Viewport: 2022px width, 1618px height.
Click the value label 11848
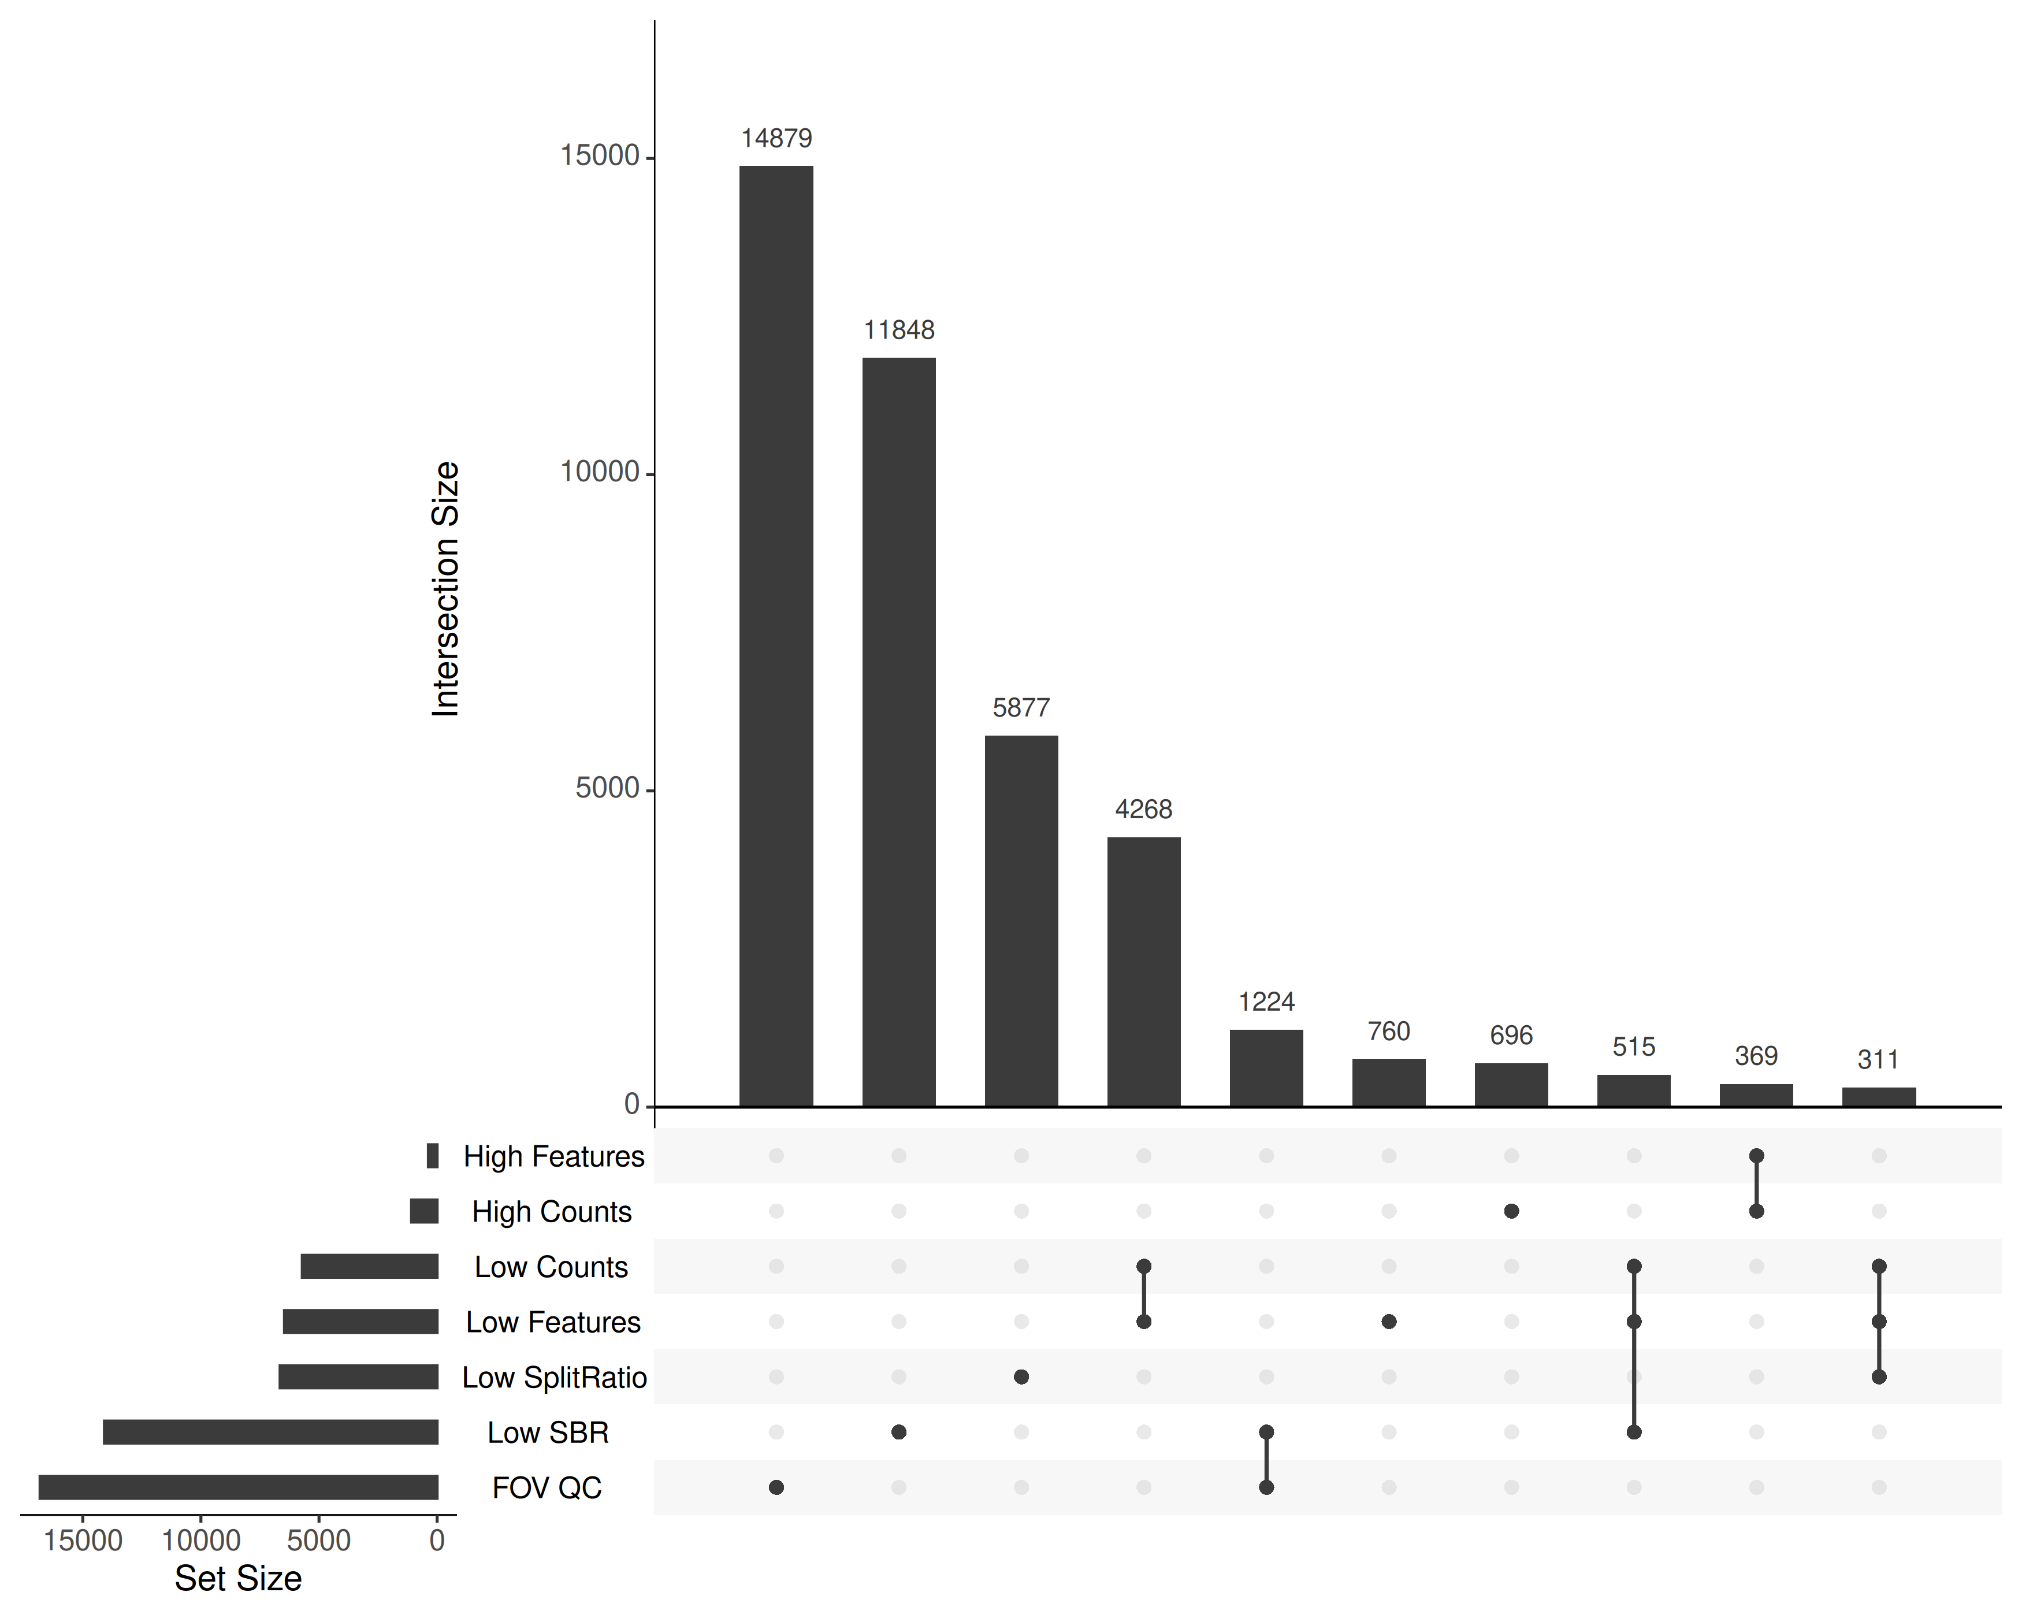click(x=898, y=330)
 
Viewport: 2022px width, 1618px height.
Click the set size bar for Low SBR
click(x=270, y=1433)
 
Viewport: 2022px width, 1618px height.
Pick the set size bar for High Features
click(x=432, y=1156)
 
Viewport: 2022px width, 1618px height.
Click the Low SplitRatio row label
click(x=554, y=1378)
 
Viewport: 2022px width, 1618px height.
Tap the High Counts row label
click(x=552, y=1212)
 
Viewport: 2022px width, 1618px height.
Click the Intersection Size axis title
click(x=445, y=589)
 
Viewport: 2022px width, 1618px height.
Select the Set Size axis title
click(x=238, y=1579)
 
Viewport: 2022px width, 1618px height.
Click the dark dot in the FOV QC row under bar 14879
click(x=776, y=1487)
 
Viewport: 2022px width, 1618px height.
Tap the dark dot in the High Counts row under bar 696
click(x=1511, y=1211)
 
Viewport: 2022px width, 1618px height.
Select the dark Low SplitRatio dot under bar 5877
click(x=1021, y=1377)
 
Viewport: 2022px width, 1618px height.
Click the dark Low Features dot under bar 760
click(x=1389, y=1322)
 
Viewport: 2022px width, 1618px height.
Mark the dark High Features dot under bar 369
click(x=1757, y=1156)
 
